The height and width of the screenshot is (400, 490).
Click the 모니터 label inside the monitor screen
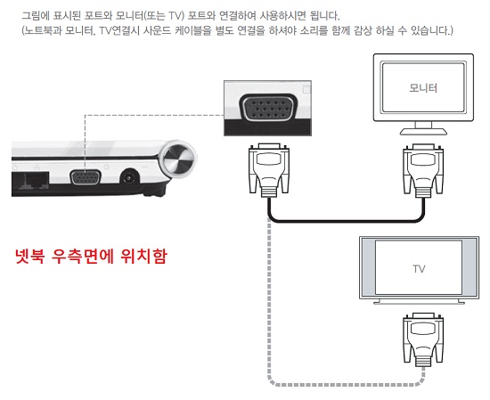click(x=423, y=88)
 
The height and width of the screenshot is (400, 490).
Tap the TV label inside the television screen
click(x=419, y=269)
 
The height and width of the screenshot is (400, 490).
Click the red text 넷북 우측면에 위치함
click(x=91, y=257)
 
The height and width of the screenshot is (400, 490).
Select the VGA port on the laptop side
click(x=86, y=178)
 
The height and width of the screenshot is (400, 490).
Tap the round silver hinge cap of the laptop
click(x=177, y=157)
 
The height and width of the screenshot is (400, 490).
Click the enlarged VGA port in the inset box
click(x=267, y=108)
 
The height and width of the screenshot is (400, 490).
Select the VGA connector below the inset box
click(x=269, y=170)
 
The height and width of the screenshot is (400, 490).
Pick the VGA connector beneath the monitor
click(x=423, y=170)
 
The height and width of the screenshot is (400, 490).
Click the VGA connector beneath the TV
click(x=423, y=339)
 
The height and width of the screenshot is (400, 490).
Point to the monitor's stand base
click(x=423, y=132)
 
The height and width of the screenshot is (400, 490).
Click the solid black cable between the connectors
click(x=347, y=222)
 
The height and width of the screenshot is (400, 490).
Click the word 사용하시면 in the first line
click(x=282, y=15)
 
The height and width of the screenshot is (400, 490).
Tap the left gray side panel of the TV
click(x=368, y=267)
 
